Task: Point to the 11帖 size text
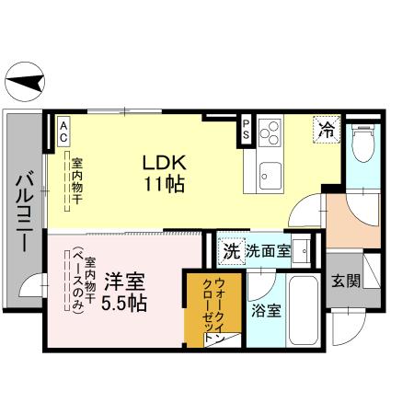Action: (164, 182)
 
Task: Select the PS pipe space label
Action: (247, 130)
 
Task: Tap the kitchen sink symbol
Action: (270, 171)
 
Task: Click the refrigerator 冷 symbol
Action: (327, 129)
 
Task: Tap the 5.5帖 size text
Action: (124, 302)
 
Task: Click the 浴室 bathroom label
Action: (267, 309)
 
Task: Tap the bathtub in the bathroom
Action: (305, 309)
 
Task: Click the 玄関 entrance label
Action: (346, 282)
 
